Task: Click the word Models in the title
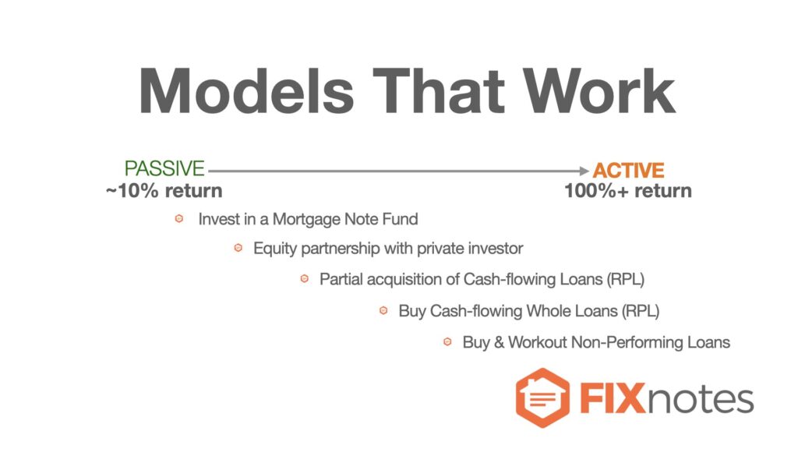pos(246,91)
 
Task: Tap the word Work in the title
pos(599,91)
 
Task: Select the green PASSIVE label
pos(164,168)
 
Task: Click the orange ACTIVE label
pos(629,170)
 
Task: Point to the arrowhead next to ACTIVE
pos(584,171)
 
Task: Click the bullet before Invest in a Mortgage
pos(179,219)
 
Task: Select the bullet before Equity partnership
pos(238,248)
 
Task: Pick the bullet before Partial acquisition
pos(305,279)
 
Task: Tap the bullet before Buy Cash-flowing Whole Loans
pos(383,310)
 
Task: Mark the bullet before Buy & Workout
pos(447,341)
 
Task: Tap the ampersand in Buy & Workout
pos(499,342)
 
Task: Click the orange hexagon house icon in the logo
pos(542,398)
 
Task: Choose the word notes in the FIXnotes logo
pos(701,400)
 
